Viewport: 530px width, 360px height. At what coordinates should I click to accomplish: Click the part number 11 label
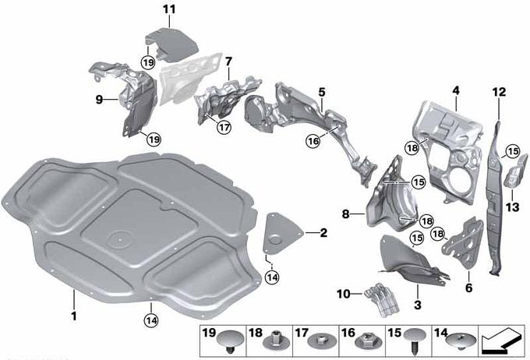(x=169, y=9)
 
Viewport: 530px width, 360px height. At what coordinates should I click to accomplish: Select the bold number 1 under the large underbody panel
(x=74, y=316)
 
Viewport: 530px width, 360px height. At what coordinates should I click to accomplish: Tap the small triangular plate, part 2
(x=281, y=233)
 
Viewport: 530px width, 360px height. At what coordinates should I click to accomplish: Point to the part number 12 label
(x=499, y=92)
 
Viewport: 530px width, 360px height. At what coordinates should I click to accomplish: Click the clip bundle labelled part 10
(x=382, y=300)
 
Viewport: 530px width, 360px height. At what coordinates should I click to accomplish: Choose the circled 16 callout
(x=313, y=141)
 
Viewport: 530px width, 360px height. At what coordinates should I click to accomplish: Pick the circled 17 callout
(x=224, y=128)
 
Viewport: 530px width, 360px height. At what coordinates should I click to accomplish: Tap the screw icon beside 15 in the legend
(x=415, y=341)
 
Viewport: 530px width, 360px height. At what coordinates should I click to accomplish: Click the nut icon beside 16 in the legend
(x=368, y=341)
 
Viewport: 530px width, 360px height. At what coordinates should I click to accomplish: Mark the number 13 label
(x=512, y=206)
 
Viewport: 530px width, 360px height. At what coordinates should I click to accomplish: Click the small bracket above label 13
(x=515, y=171)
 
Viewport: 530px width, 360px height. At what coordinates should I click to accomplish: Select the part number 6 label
(x=469, y=288)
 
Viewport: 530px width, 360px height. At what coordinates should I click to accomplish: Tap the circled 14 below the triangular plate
(x=273, y=277)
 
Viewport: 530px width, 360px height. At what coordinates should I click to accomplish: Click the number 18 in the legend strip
(x=256, y=333)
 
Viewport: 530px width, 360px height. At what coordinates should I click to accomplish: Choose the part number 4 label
(x=456, y=90)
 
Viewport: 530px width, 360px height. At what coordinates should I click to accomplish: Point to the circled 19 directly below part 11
(x=148, y=62)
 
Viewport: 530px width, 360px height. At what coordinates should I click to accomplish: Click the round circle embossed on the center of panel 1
(x=120, y=239)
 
